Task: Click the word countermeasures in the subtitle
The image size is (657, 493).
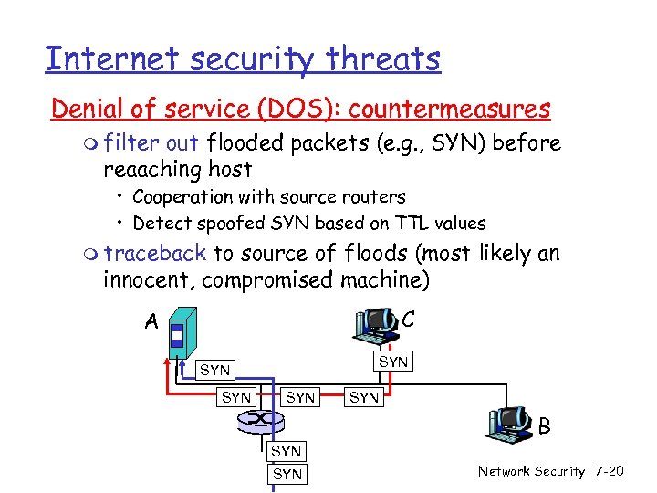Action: point(449,110)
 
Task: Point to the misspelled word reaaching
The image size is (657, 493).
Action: point(154,169)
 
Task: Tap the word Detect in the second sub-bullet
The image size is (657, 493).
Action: point(160,223)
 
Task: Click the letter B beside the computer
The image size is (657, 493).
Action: point(544,425)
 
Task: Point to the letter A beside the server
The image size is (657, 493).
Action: point(151,321)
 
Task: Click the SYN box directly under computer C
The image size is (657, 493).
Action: point(393,362)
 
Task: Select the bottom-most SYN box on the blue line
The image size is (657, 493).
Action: point(287,474)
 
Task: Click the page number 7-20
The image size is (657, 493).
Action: point(608,471)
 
